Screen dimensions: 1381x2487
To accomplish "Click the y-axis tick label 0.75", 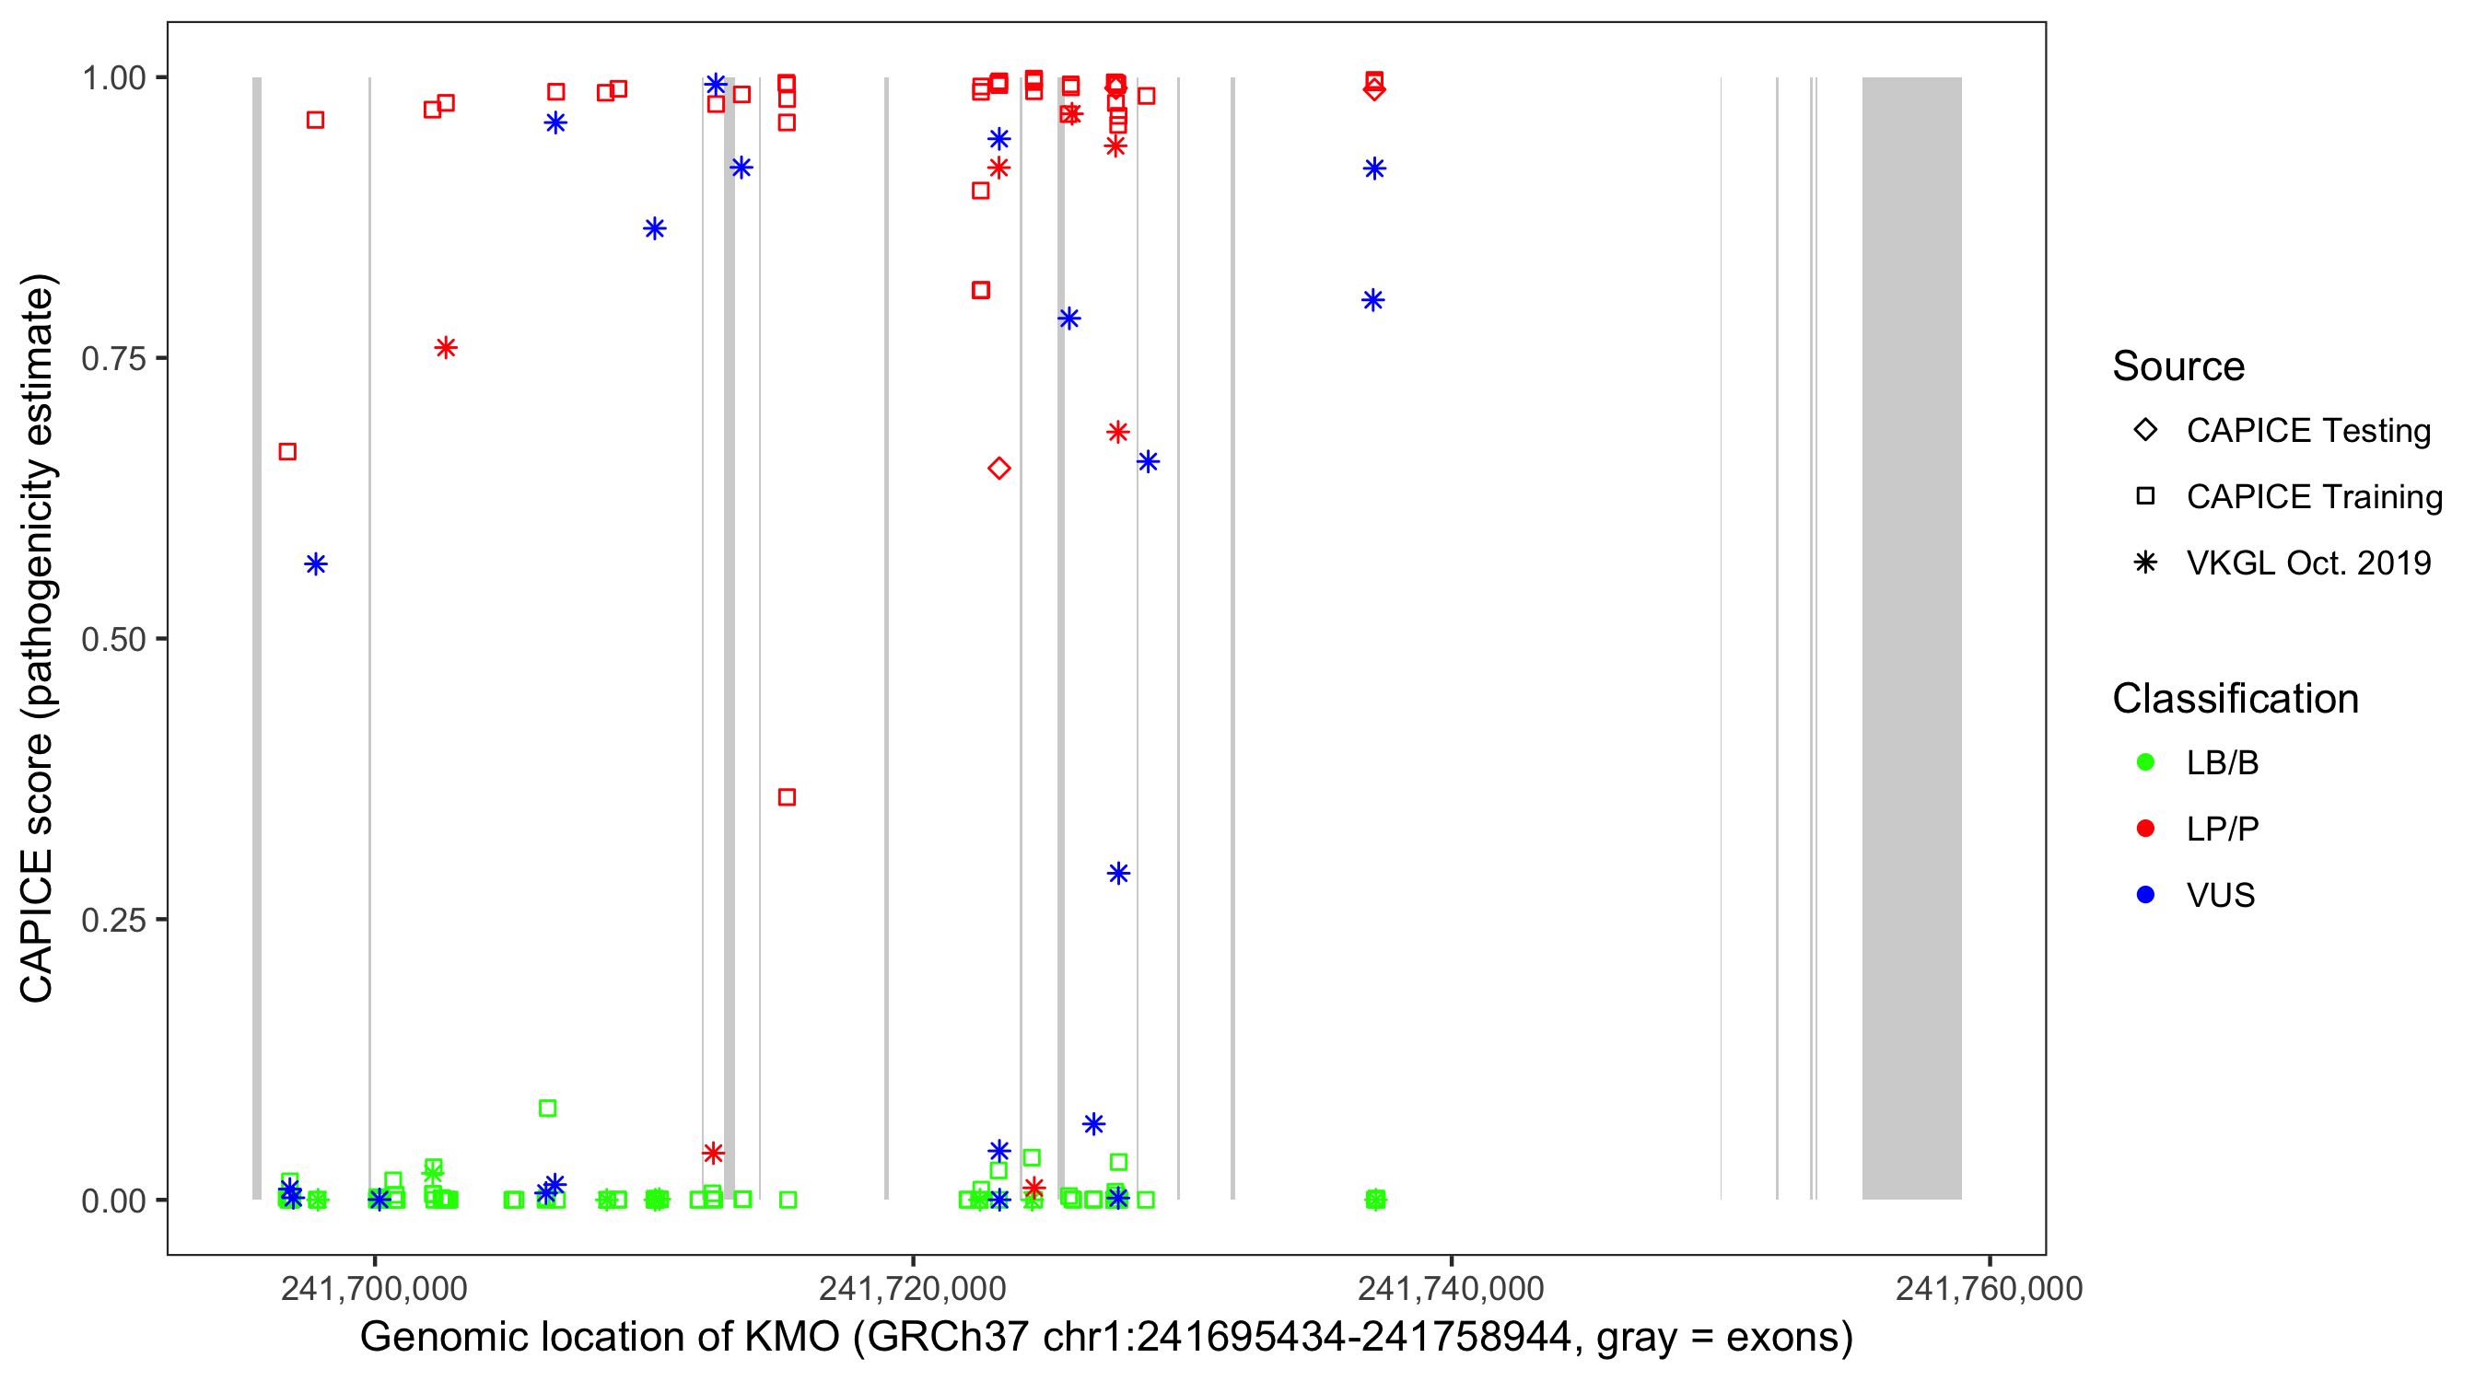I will point(113,359).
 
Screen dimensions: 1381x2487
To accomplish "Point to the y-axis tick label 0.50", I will point(113,639).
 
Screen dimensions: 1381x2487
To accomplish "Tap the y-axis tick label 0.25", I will point(113,920).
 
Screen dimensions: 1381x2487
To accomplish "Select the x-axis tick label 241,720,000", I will point(912,1288).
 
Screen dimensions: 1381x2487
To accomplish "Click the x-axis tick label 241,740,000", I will point(1451,1288).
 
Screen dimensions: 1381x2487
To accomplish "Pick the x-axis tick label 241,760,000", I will point(1989,1288).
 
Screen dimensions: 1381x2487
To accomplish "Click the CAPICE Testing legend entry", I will point(2307,431).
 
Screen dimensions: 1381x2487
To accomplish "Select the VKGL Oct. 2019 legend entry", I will point(2307,563).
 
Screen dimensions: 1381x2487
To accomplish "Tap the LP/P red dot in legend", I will point(2146,829).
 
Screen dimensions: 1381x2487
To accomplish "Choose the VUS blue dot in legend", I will point(2146,896).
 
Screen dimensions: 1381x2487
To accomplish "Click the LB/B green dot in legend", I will point(2146,762).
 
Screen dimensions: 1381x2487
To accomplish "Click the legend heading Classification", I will point(2235,699).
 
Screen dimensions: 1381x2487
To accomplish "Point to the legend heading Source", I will point(2178,366).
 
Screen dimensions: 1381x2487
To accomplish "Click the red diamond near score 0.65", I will point(999,469).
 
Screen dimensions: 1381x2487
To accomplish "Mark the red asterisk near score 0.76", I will point(445,347).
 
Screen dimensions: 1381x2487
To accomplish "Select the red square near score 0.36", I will point(787,797).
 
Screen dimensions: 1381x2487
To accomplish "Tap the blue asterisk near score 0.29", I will point(1118,874).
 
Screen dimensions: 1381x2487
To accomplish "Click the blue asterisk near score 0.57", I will point(316,564).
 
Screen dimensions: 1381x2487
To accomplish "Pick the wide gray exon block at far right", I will point(1911,637).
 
